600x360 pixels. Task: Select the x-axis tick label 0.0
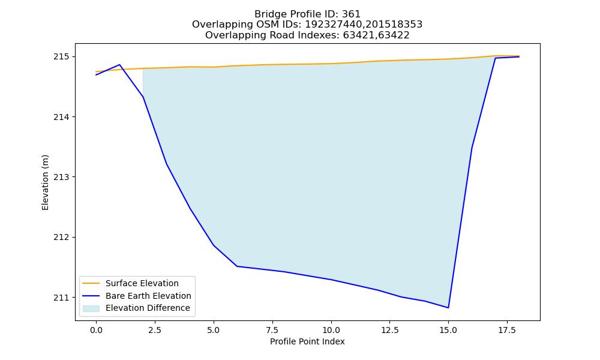click(x=96, y=330)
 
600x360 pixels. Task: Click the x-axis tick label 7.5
click(x=272, y=330)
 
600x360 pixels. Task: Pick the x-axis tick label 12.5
click(x=389, y=330)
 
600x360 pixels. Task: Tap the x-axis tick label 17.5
click(x=507, y=330)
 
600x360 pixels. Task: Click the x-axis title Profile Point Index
click(x=307, y=341)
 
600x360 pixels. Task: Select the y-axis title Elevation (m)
click(x=45, y=182)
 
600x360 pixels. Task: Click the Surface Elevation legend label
click(x=142, y=283)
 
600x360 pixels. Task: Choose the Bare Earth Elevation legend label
click(x=148, y=296)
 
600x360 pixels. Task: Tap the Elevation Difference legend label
click(x=148, y=308)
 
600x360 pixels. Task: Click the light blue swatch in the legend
click(x=91, y=308)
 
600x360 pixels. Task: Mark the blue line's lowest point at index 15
click(x=448, y=308)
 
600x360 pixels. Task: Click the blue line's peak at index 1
click(x=119, y=65)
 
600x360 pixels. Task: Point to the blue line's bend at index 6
click(x=237, y=266)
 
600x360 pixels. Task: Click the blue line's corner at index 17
click(x=495, y=58)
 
